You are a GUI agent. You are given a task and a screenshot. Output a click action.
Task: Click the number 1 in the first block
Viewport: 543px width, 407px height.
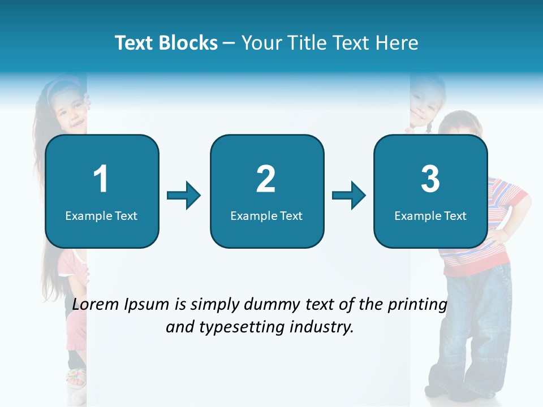[101, 179]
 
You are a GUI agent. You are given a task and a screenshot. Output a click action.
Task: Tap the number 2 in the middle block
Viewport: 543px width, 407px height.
[266, 179]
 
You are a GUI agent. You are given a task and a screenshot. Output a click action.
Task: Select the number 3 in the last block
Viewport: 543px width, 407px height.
[430, 179]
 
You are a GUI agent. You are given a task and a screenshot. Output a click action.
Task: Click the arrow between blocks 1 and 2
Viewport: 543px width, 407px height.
[184, 196]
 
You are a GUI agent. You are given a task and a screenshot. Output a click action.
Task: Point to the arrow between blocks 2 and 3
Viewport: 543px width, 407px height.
[349, 196]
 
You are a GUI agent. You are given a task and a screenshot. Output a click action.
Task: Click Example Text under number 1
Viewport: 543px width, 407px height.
[101, 216]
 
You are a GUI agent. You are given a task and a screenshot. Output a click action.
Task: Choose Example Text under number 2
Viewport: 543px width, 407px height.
[266, 216]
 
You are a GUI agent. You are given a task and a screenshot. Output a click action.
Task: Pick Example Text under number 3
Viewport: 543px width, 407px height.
[430, 216]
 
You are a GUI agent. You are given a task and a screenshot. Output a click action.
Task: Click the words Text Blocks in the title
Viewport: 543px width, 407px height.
[166, 43]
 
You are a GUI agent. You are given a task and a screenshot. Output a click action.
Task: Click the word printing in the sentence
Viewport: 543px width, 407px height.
[417, 305]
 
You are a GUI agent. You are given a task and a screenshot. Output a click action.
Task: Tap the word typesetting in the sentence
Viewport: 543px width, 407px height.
[240, 327]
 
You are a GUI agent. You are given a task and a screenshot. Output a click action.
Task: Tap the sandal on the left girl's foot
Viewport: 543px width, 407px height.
[76, 376]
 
